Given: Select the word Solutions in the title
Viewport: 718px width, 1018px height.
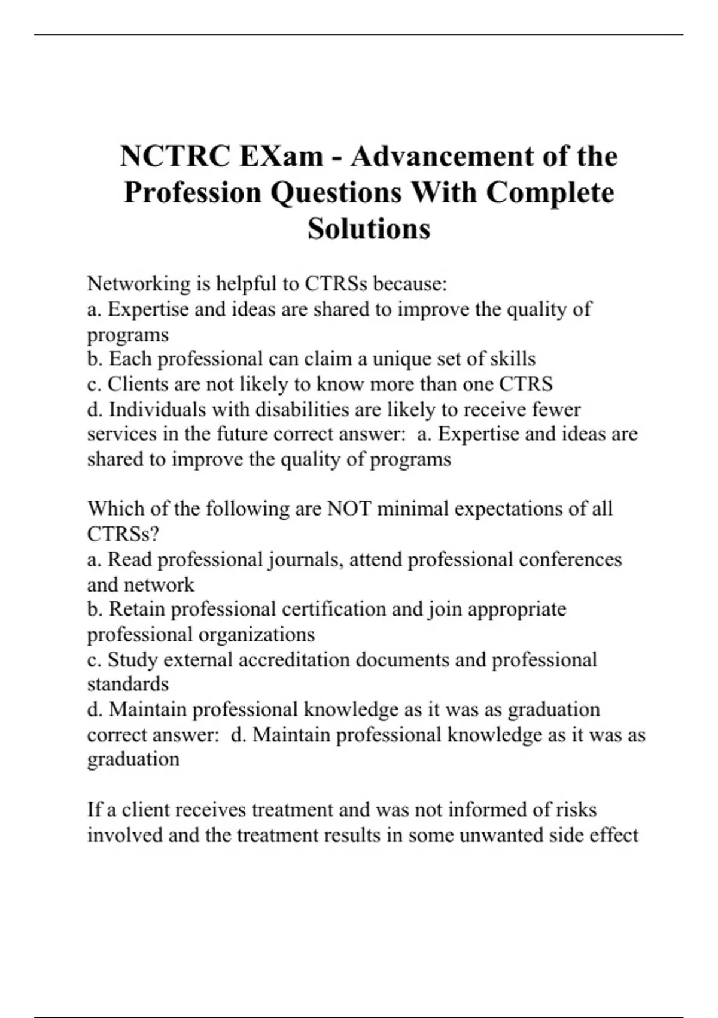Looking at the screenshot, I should pyautogui.click(x=369, y=228).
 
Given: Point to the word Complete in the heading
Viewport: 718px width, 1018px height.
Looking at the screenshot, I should pyautogui.click(x=550, y=192).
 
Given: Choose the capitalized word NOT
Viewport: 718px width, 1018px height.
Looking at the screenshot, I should pyautogui.click(x=349, y=509).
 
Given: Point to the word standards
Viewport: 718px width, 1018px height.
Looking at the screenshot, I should pyautogui.click(x=128, y=684).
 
